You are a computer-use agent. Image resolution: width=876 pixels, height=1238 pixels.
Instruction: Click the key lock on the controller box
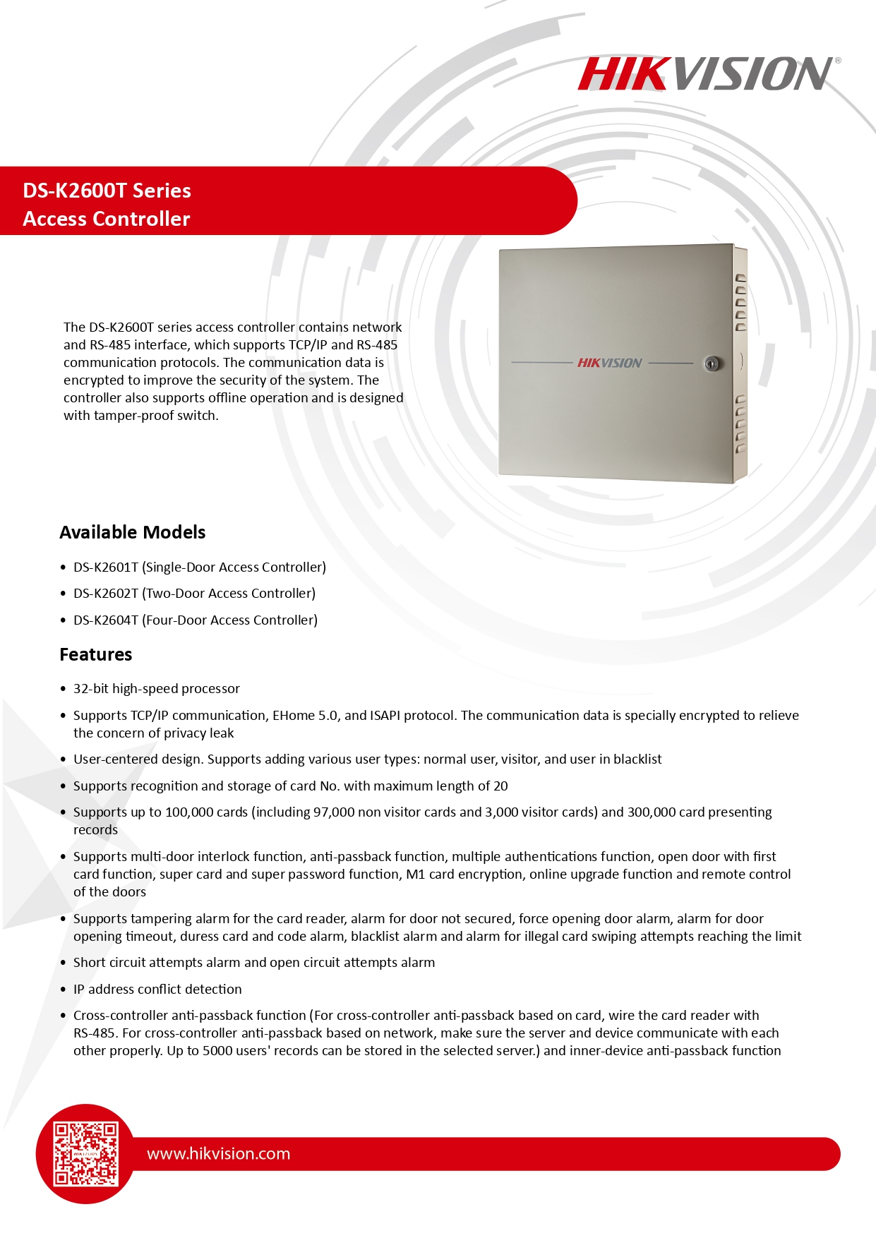(712, 363)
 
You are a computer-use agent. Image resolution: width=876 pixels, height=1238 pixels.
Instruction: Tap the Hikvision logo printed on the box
(609, 363)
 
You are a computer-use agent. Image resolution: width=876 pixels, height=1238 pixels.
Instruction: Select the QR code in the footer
(86, 1153)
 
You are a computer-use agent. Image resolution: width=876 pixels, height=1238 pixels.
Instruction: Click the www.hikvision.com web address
(218, 1153)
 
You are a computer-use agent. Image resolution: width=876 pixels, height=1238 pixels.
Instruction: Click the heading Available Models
(132, 532)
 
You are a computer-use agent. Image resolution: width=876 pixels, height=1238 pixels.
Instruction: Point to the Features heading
(95, 654)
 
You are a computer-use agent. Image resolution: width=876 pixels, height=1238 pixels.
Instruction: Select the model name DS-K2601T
(106, 567)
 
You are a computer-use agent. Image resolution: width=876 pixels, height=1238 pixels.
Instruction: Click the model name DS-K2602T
(106, 594)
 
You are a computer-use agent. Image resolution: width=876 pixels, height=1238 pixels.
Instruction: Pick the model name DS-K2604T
(106, 620)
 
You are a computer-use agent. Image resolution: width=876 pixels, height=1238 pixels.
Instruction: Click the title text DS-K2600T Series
(107, 191)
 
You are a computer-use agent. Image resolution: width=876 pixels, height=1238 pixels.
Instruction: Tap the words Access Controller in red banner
(107, 219)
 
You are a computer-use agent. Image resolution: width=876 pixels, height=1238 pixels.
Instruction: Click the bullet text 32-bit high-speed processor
(156, 689)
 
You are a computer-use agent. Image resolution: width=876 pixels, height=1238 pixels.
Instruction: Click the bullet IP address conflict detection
(157, 990)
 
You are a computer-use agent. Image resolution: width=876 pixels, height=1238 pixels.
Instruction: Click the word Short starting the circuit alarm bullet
(90, 963)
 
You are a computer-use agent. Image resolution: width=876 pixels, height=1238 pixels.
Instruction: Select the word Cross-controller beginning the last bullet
(119, 1016)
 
